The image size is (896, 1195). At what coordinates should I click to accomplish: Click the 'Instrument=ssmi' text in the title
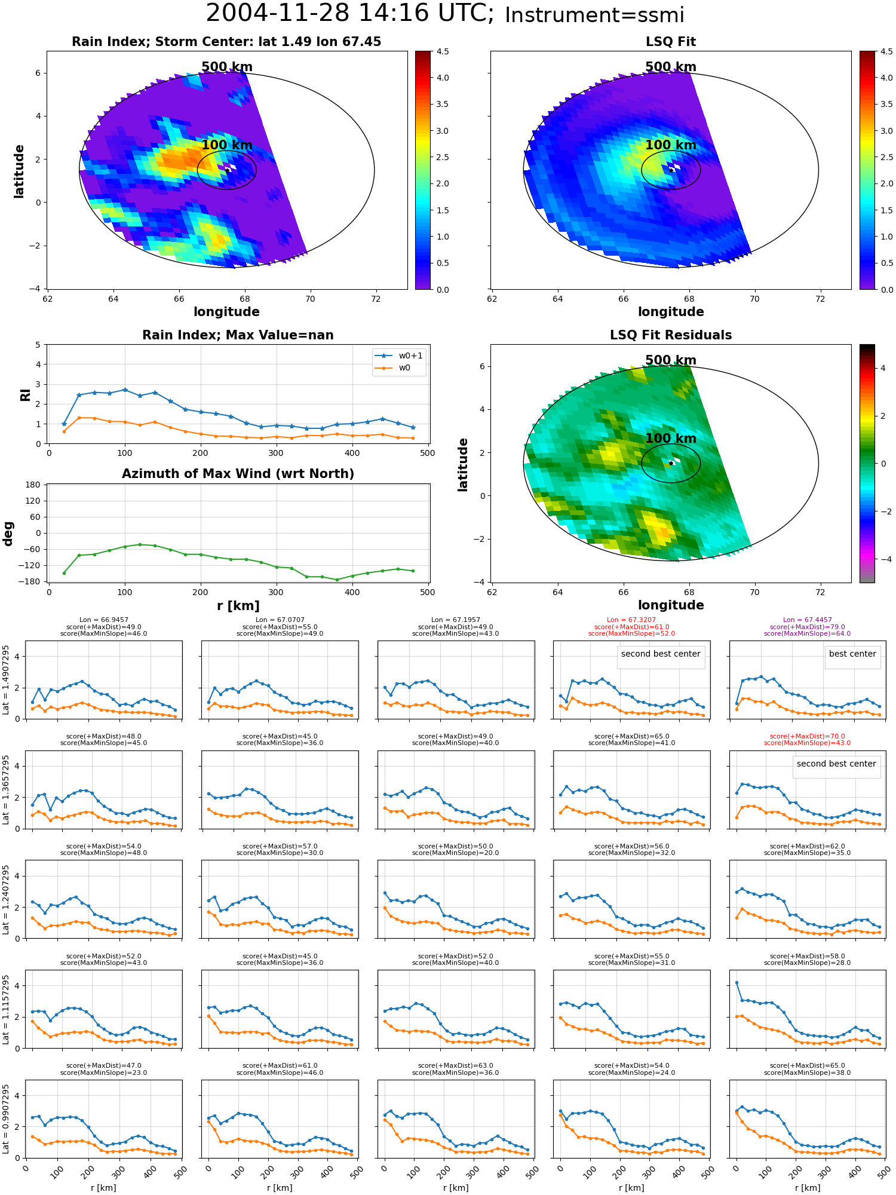tap(594, 15)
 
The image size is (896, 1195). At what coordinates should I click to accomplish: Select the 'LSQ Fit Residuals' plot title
tap(671, 335)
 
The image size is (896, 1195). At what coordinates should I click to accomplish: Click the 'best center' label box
tap(852, 654)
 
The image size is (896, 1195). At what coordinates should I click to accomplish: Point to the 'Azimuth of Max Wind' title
tap(238, 474)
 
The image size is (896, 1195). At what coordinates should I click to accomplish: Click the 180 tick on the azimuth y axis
tap(33, 485)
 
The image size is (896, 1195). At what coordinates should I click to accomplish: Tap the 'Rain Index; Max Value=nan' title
tap(238, 335)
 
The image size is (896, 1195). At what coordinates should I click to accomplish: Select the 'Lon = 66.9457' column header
tap(104, 620)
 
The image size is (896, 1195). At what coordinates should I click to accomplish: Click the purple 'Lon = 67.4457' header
tap(807, 620)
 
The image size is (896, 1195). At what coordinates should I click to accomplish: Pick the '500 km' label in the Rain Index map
tap(227, 67)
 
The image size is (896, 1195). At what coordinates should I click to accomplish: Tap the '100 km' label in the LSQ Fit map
tap(671, 145)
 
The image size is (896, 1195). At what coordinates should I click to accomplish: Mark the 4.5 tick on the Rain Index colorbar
tap(443, 52)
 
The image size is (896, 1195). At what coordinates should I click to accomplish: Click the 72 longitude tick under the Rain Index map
tap(376, 299)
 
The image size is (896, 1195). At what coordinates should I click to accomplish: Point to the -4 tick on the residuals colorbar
tap(883, 559)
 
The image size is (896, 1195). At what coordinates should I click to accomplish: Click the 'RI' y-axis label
tap(25, 394)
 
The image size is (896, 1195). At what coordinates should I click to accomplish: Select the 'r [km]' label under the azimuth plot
tap(238, 606)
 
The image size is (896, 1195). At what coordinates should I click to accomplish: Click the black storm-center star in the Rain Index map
tap(228, 170)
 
